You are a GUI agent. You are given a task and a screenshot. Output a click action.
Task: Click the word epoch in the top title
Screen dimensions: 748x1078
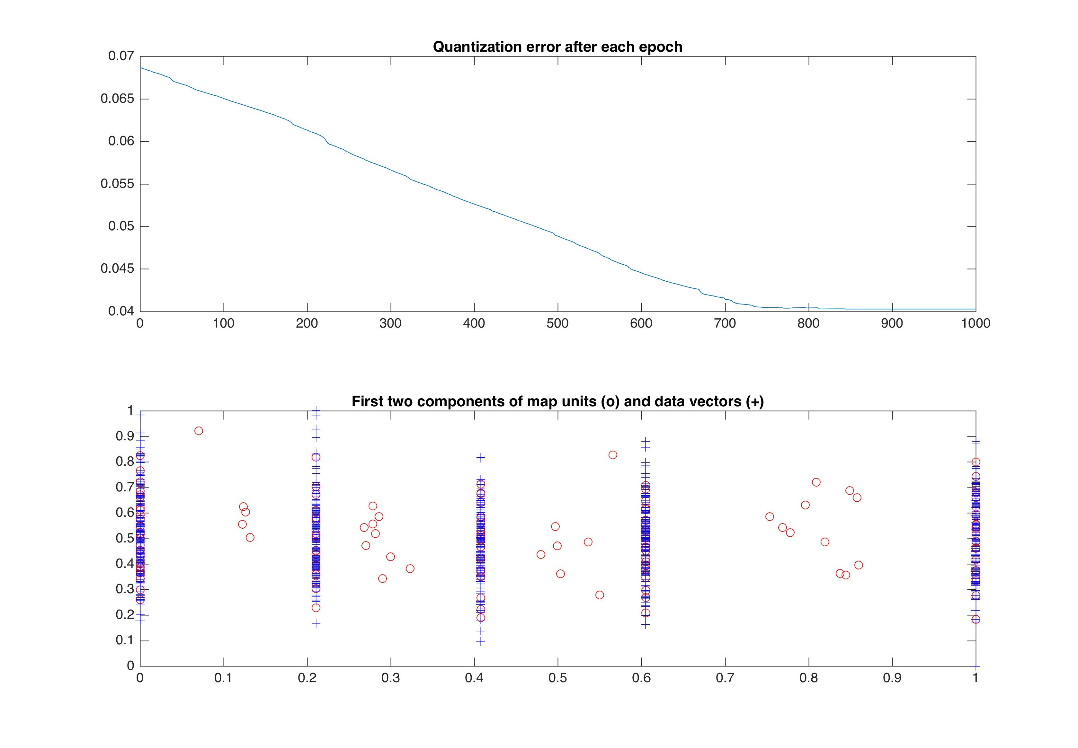coord(661,47)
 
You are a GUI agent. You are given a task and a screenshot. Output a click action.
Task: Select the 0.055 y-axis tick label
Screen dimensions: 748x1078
coord(117,184)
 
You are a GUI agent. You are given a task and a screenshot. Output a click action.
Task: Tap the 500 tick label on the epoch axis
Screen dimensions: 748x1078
coord(557,324)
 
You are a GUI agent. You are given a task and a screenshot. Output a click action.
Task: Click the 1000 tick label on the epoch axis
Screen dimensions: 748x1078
coord(975,324)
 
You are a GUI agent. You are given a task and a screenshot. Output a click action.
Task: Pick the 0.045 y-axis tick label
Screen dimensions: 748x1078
coord(117,269)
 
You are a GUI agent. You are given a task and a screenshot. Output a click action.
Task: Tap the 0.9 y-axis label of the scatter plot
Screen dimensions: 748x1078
coord(125,437)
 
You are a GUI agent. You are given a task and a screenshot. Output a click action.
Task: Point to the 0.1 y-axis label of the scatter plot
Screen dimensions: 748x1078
coord(125,640)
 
